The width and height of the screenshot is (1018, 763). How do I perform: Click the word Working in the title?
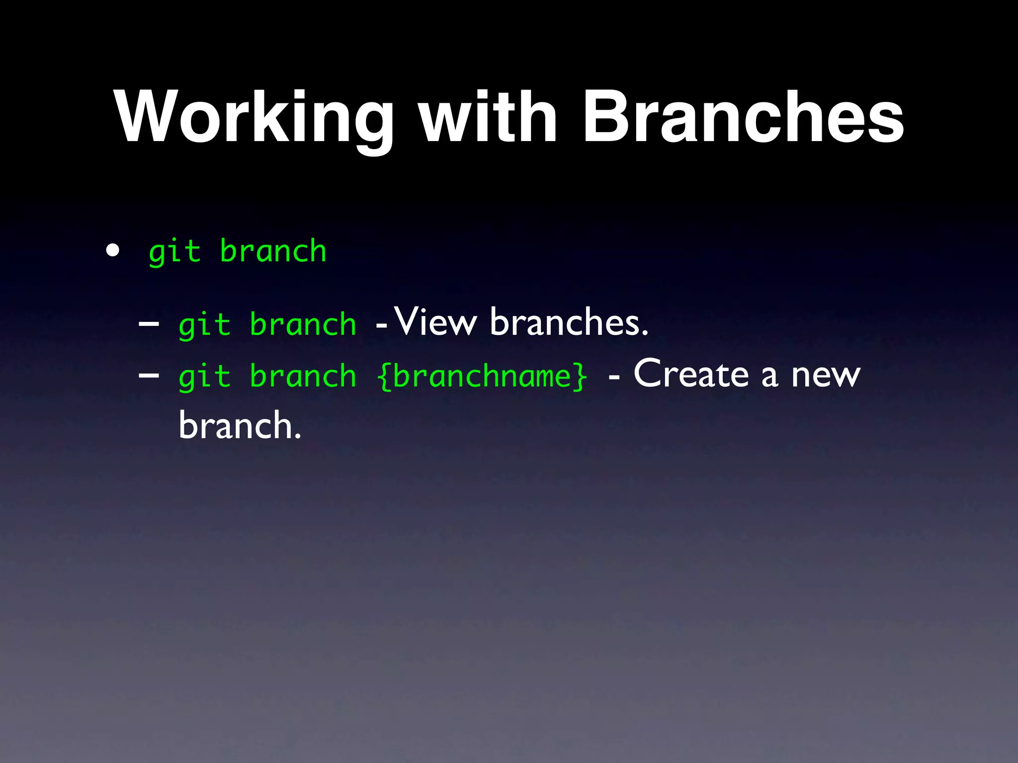(254, 118)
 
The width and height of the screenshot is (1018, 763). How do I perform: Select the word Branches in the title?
(743, 118)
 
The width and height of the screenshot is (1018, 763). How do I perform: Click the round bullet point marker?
(113, 251)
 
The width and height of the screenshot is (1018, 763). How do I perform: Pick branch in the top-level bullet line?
(273, 251)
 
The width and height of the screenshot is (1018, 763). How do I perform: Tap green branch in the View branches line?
(303, 324)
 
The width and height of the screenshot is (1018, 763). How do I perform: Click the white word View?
(435, 322)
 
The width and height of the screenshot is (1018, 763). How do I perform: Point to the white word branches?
(569, 322)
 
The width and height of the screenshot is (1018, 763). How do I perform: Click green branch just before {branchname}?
(303, 376)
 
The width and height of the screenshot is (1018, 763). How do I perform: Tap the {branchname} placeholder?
(482, 376)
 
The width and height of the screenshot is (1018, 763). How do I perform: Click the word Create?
(691, 374)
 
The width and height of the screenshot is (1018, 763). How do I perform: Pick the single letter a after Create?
(769, 376)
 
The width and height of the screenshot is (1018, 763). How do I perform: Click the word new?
(826, 376)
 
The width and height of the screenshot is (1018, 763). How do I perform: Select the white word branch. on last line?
(240, 426)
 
